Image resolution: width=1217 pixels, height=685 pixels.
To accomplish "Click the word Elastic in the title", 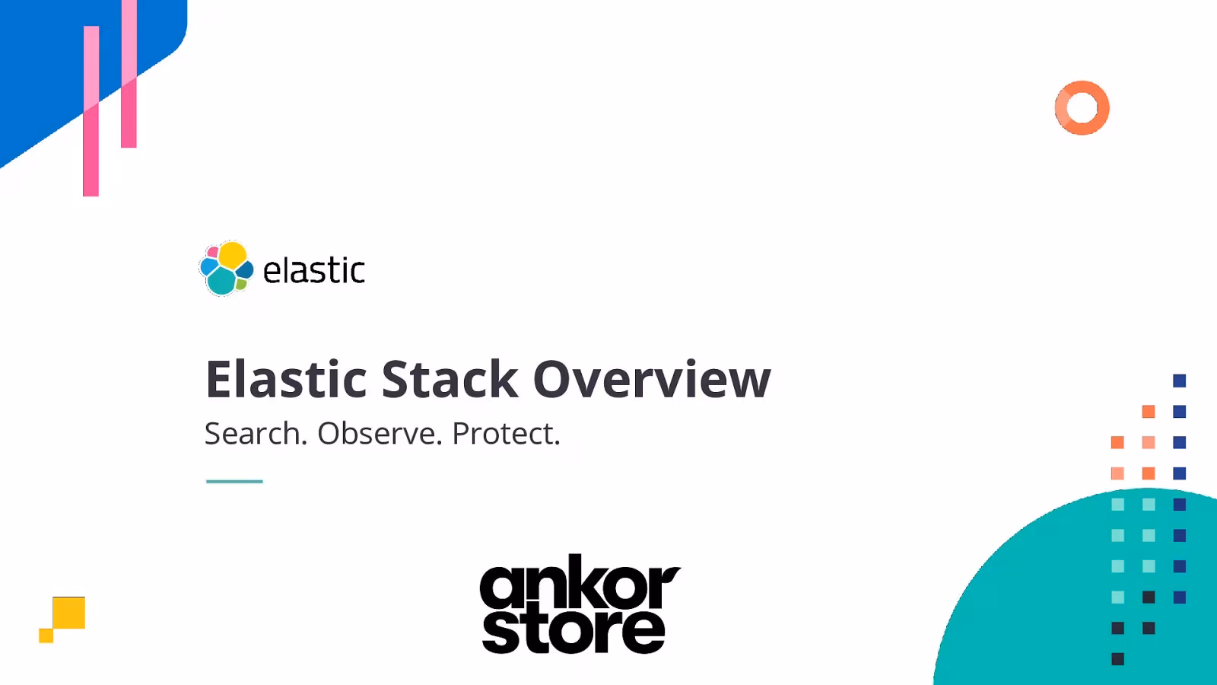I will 286,379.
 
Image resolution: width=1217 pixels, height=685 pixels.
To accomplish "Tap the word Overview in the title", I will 651,379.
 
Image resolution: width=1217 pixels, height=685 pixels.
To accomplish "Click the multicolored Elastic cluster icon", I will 226,269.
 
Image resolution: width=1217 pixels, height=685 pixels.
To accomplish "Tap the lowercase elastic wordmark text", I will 313,271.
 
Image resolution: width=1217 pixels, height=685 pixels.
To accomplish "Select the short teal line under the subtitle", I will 234,481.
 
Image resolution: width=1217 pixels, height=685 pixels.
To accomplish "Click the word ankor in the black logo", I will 580,586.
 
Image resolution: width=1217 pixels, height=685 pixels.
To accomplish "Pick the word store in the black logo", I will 574,630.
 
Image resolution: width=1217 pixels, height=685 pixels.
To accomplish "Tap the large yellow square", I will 69,613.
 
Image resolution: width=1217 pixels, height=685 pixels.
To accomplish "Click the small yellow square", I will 46,636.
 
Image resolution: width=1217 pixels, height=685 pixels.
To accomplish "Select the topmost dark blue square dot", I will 1180,381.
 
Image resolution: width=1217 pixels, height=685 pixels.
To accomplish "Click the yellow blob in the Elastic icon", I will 232,256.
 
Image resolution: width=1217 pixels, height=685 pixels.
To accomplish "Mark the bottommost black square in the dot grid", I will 1117,659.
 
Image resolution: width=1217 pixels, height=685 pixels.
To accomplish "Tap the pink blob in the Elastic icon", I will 212,252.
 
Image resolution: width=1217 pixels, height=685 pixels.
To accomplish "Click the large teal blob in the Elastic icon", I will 221,282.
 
